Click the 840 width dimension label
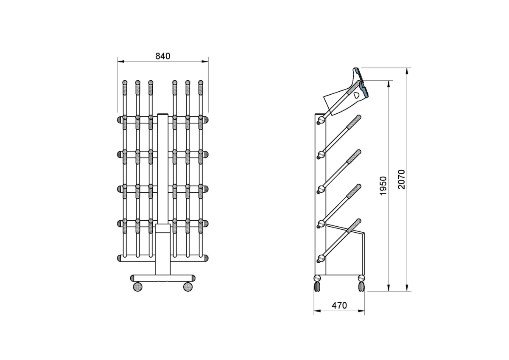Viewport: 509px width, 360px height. coord(163,56)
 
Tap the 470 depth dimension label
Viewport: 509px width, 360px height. coord(339,305)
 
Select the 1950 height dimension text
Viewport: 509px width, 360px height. coord(383,186)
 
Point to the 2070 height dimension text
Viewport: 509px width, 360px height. coord(402,180)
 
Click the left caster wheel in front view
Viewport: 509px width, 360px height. coord(137,287)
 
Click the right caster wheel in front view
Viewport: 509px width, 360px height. coord(187,287)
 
